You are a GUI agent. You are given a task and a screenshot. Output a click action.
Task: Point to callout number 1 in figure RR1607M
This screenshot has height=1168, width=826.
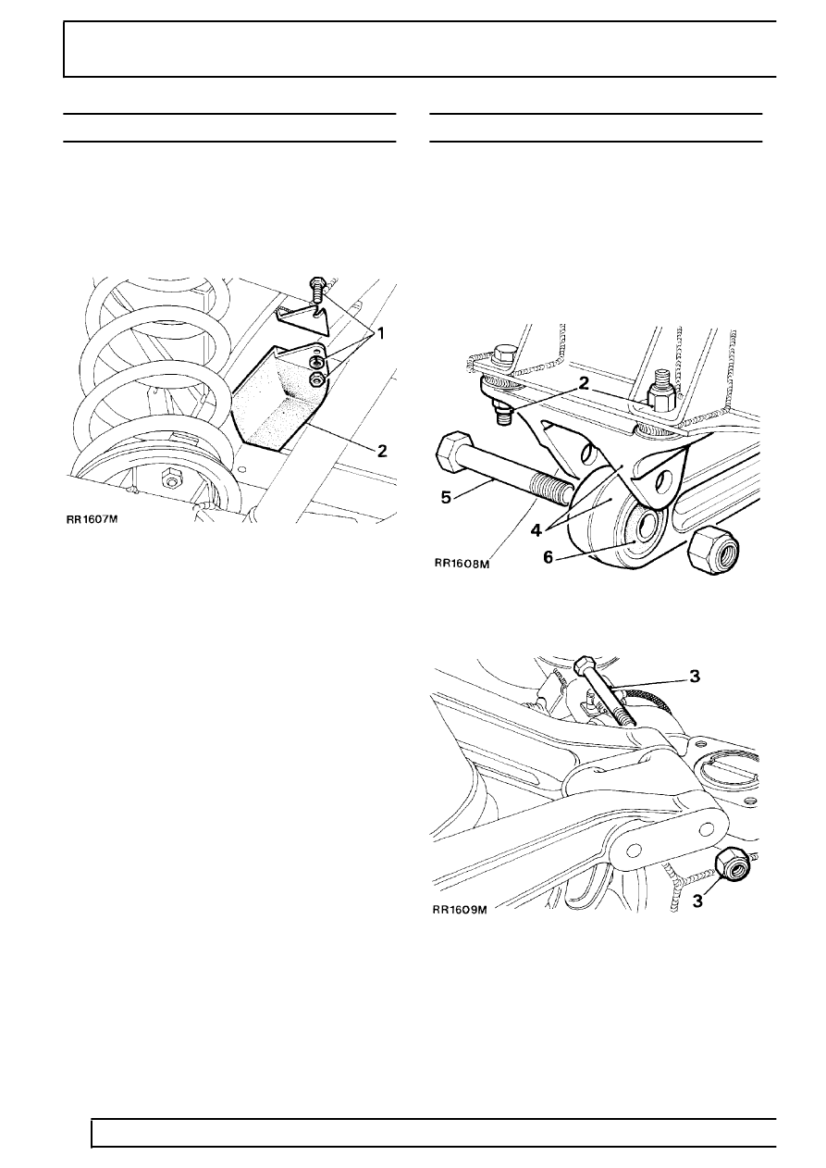380,333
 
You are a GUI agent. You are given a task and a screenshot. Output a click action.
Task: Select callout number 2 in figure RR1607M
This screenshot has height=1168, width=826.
382,451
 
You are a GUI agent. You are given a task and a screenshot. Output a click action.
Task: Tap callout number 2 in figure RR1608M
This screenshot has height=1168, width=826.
584,384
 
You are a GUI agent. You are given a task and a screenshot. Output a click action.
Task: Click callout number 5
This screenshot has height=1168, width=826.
446,497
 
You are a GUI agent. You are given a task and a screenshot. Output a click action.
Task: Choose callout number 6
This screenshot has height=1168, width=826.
548,557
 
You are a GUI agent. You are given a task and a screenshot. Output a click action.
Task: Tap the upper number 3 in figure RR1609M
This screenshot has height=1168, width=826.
695,677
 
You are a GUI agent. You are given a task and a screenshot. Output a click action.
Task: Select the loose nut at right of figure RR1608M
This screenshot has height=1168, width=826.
714,549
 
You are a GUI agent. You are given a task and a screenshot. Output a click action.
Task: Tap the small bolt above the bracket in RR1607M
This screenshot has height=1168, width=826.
317,291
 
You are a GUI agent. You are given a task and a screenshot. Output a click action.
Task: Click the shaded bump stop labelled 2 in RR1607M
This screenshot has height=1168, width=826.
277,396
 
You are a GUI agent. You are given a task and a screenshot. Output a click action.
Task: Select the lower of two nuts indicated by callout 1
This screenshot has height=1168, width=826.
317,379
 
